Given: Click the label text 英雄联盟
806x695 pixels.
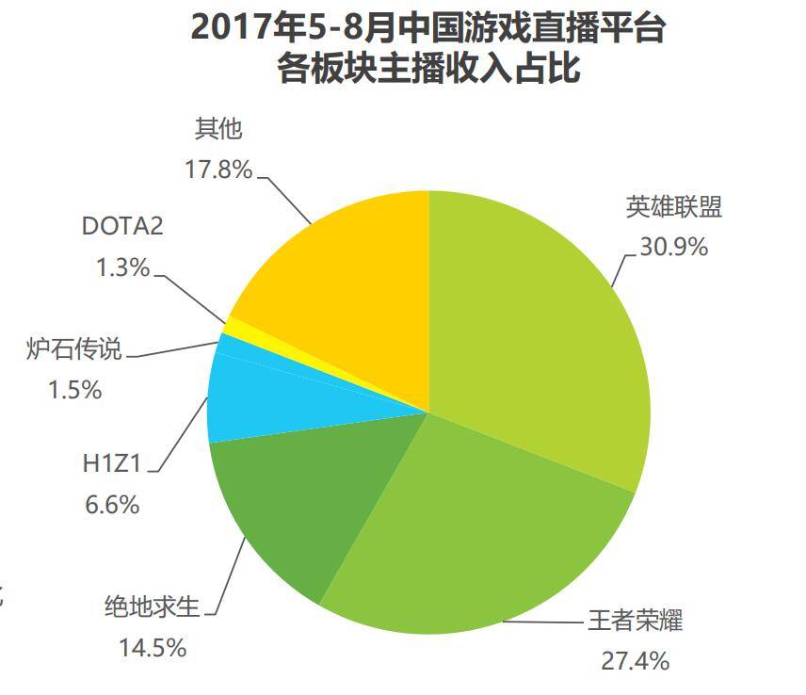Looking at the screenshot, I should [674, 207].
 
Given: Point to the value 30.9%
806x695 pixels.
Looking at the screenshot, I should [674, 247].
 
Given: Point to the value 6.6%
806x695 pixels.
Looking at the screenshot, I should [112, 505].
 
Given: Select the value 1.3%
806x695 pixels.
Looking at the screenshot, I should [122, 267].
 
